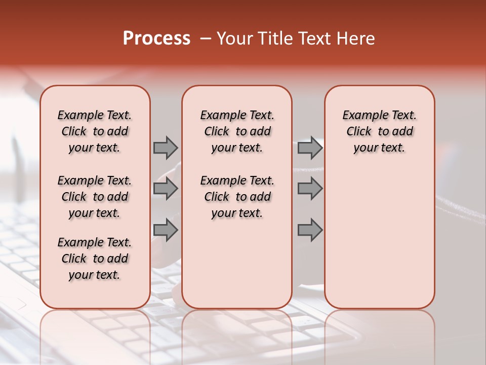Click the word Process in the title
coord(156,39)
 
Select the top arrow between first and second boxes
coord(166,148)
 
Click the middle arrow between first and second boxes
coord(166,189)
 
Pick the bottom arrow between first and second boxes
coord(166,230)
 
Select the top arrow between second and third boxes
coord(310,148)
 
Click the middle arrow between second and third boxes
coord(310,189)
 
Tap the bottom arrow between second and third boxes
coord(310,230)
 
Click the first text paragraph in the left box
coord(95,131)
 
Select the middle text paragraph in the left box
coord(95,197)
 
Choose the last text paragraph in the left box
coord(95,259)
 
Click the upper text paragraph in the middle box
coord(237,131)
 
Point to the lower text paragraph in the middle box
coord(237,197)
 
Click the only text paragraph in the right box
coord(379,131)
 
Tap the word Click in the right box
coord(359,132)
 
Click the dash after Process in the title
coord(206,39)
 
